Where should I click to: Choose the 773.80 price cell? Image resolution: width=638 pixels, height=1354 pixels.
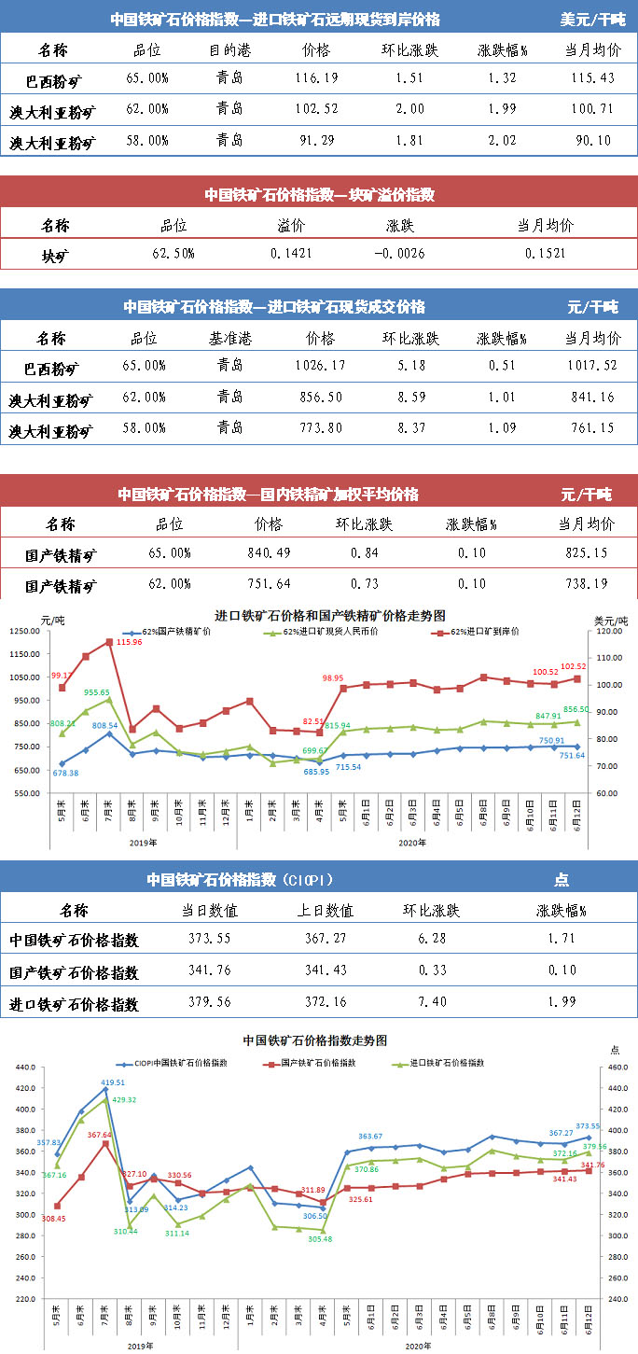pos(318,428)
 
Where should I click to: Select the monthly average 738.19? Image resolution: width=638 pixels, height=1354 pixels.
pos(586,584)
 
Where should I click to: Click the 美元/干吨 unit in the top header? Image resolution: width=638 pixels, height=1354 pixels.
pos(594,19)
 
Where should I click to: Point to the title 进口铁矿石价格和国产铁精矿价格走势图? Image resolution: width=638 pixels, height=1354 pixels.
pos(330,616)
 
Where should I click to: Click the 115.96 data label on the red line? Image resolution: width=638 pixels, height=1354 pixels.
pos(131,642)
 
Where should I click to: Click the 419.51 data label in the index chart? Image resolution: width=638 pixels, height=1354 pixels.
pos(114,1083)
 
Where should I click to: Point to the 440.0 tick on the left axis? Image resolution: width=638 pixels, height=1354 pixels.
pos(24,1068)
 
